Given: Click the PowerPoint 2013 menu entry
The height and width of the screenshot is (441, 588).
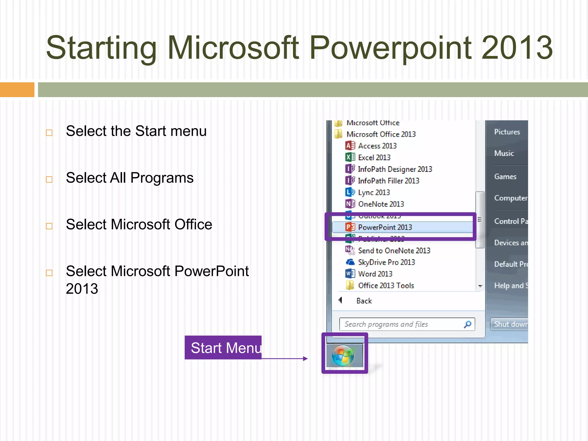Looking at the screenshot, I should click(x=385, y=227).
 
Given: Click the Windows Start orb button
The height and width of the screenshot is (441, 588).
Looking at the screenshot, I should click(x=343, y=355).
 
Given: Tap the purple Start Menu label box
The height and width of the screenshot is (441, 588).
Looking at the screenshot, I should click(x=223, y=348).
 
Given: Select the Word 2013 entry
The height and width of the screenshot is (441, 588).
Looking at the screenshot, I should click(x=375, y=274).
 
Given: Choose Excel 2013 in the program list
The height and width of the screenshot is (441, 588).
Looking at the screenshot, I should click(x=374, y=157).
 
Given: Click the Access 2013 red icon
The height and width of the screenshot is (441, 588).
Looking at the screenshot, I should click(x=350, y=146).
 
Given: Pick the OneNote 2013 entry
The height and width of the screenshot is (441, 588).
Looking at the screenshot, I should click(x=381, y=204).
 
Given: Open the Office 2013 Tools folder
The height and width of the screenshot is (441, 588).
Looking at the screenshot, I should click(x=386, y=285).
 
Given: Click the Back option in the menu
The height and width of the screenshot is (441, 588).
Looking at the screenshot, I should click(x=364, y=301).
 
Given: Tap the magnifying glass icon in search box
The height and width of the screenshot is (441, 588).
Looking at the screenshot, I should click(x=468, y=324).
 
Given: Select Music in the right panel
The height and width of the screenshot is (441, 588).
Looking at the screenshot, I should click(x=504, y=153).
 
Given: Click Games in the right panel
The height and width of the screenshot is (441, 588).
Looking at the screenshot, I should click(x=505, y=177).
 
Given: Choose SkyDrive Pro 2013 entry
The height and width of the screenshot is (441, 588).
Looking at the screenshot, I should click(x=386, y=262).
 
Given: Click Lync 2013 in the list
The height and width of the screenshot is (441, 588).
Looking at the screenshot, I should click(x=374, y=192).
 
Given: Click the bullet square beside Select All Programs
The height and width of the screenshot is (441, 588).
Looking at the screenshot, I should click(x=49, y=179).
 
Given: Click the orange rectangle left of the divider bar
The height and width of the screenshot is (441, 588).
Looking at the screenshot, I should click(x=17, y=90).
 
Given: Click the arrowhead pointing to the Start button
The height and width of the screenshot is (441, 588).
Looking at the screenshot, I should click(x=305, y=358).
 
